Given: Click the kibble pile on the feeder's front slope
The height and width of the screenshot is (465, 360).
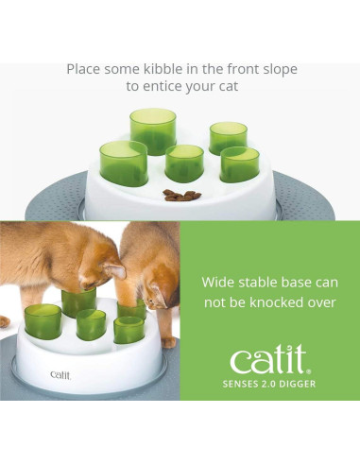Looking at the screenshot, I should [x=175, y=195].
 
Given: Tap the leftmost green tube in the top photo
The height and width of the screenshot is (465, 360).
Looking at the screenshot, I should [x=124, y=161].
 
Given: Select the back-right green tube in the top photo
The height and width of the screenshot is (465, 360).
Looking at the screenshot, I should [x=228, y=137].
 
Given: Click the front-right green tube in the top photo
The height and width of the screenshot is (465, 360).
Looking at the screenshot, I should [x=239, y=163].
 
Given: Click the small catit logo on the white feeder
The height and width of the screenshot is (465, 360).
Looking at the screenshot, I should [x=60, y=374].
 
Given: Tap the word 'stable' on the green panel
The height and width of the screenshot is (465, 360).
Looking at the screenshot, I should [x=259, y=282].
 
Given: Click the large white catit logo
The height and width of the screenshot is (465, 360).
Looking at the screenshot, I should [x=269, y=359].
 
